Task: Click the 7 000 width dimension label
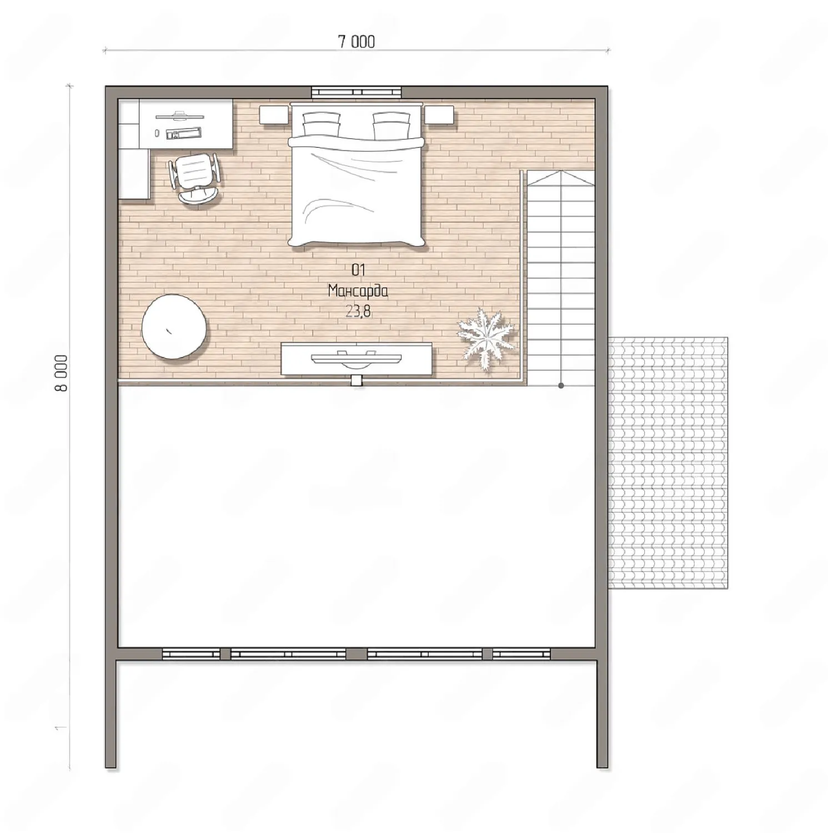(357, 42)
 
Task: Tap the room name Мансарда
(358, 291)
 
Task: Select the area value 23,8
(358, 312)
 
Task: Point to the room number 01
(358, 270)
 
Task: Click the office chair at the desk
(194, 178)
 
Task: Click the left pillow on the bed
(322, 125)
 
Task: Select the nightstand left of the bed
(274, 115)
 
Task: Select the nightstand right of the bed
(440, 115)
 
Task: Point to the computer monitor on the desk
(179, 116)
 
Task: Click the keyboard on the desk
(183, 133)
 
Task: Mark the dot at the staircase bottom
(561, 385)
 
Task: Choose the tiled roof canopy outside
(668, 463)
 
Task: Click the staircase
(560, 278)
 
